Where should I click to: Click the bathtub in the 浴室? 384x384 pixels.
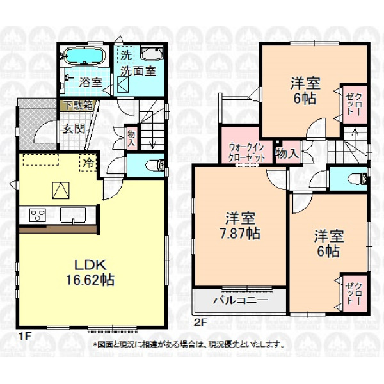coord(84,56)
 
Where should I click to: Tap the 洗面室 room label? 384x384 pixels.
coord(138,71)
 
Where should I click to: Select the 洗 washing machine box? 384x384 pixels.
coord(126,54)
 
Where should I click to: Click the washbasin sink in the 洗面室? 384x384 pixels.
coord(152,53)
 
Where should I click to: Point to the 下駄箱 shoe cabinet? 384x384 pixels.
coord(77,106)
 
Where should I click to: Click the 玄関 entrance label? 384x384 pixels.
coord(74,129)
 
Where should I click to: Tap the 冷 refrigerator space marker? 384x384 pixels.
coord(88,163)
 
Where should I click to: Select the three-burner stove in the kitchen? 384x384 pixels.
coord(38,215)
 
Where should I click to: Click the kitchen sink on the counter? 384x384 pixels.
coord(73,215)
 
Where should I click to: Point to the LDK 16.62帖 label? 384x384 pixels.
coord(90,273)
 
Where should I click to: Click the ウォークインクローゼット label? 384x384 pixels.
coord(246,152)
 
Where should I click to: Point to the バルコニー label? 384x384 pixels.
coord(240,300)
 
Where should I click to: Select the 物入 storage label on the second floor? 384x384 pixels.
coord(287,154)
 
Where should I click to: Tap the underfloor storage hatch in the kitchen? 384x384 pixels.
coord(61,190)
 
